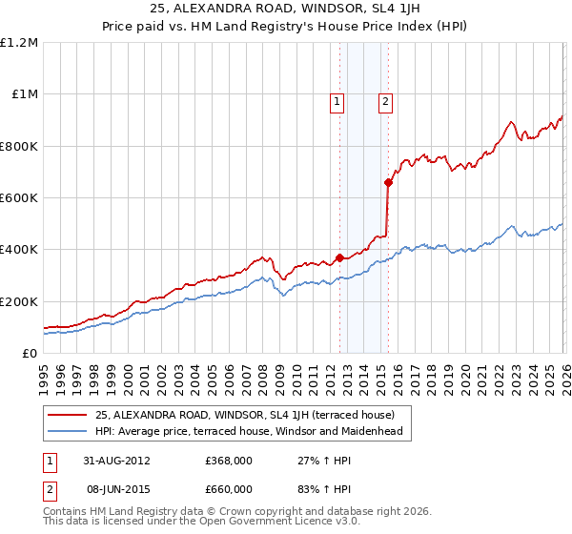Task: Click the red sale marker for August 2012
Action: click(339, 257)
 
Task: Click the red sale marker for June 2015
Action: click(388, 182)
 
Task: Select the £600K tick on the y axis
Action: click(19, 198)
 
